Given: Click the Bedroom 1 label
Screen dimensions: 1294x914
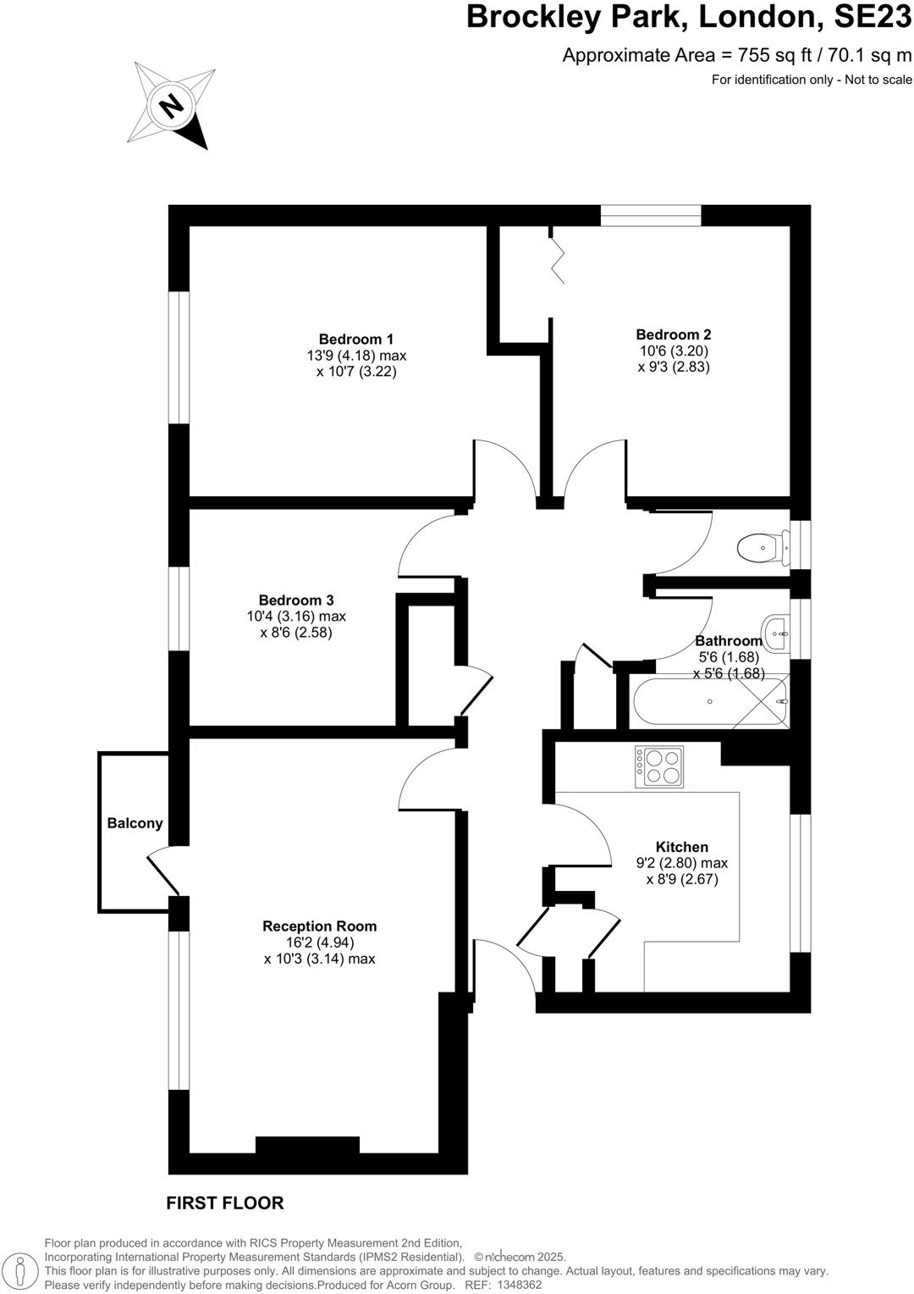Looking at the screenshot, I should [355, 340].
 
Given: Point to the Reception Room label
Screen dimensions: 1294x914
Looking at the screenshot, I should [319, 926].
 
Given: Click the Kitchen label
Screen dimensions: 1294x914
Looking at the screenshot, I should [681, 847].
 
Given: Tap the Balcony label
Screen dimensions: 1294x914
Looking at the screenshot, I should [135, 823].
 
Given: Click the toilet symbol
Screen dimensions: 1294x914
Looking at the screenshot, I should [757, 548].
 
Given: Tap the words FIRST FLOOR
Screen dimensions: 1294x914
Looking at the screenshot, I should [224, 1203].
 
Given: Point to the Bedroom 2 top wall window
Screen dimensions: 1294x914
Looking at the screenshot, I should [651, 216].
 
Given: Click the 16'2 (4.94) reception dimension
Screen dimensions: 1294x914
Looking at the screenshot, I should [319, 943].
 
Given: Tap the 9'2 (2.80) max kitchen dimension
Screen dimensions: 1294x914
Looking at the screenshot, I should [681, 863].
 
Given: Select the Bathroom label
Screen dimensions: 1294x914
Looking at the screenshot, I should [728, 641].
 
